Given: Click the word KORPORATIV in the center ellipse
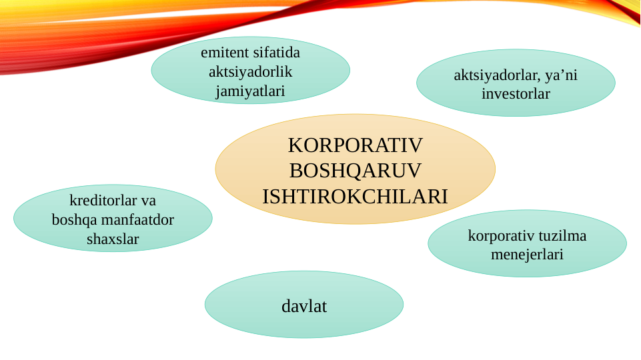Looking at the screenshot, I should pos(356,145).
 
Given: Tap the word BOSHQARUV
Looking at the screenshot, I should pos(356,171).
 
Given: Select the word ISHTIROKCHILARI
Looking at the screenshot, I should pos(355,197).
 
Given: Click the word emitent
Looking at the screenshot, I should pos(225,52).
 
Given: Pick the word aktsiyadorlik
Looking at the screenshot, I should pos(250,71).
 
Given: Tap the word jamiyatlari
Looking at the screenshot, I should pos(250,91).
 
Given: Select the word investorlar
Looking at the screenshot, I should pos(516,94).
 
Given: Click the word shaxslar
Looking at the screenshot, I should pos(113,239).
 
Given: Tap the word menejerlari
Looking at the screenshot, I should pos(527,254).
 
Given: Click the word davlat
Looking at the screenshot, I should pos(304,307).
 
